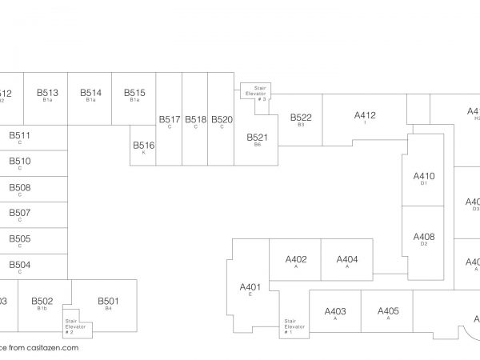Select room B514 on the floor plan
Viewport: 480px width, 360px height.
point(90,94)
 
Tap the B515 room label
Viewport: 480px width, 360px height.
point(134,94)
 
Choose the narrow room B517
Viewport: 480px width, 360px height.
point(170,121)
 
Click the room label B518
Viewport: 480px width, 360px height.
point(196,121)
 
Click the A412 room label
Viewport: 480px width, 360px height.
point(364,116)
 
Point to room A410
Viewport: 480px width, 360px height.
point(423,177)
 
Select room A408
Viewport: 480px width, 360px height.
point(423,238)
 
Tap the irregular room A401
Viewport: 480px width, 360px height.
point(250,289)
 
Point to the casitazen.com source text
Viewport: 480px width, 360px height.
point(39,348)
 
